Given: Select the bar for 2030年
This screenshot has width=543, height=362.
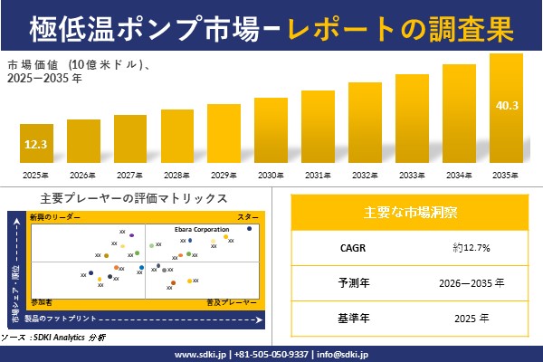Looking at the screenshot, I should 271,130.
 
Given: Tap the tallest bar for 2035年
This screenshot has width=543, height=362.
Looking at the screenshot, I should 506,109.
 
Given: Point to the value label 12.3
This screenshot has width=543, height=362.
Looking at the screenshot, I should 36,144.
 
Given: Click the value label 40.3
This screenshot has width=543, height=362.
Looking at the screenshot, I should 507,106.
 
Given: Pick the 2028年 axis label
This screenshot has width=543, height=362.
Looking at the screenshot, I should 177,175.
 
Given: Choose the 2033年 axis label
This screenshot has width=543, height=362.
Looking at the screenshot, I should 412,175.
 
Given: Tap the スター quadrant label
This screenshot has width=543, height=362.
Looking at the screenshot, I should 247,217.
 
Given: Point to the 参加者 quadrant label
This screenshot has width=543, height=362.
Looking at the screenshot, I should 41,300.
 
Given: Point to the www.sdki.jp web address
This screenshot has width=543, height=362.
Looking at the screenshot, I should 200,353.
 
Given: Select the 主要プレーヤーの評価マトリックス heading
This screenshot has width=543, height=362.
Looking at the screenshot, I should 133,198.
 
